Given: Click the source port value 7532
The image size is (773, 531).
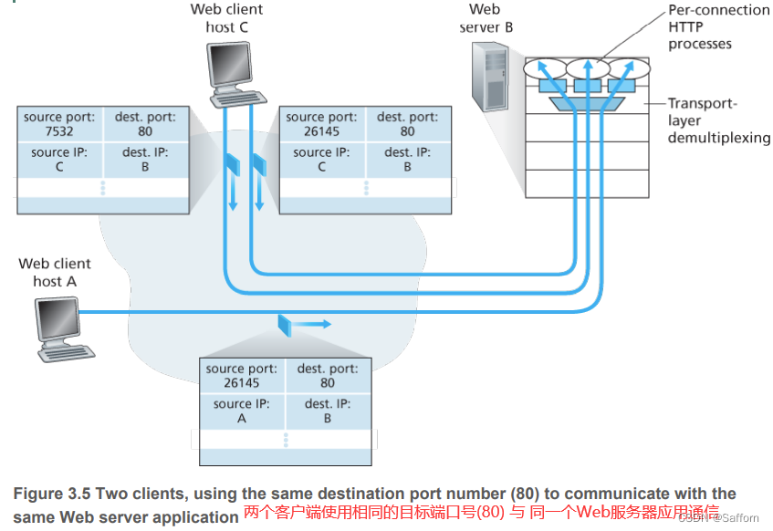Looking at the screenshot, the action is click(x=59, y=131).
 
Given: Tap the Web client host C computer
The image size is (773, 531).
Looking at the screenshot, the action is click(x=236, y=75).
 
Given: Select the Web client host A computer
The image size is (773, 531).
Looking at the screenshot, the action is click(x=64, y=329).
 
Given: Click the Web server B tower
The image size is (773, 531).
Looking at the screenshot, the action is click(x=490, y=77).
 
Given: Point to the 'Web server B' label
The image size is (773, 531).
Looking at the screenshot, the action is click(x=486, y=18).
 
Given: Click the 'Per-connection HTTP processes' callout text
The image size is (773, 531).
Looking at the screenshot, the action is click(x=718, y=26).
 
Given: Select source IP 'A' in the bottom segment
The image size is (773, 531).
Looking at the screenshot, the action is click(x=242, y=419).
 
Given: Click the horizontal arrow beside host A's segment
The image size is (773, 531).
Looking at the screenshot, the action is click(x=311, y=324).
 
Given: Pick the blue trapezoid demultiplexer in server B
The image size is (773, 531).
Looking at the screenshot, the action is click(x=587, y=103).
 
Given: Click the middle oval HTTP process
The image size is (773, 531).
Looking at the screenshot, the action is click(x=588, y=69).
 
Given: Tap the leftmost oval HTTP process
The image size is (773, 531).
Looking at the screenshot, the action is click(x=545, y=69).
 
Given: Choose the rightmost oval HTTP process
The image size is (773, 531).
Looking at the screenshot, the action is click(x=630, y=69).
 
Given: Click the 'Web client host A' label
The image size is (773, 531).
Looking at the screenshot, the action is click(x=55, y=272).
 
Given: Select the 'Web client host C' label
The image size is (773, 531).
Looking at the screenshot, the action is click(x=226, y=18).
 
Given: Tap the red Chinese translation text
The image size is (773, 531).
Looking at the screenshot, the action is click(x=481, y=512).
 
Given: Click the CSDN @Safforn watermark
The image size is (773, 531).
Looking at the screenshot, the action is click(x=719, y=517).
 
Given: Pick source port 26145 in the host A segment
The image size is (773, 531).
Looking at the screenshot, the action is click(x=242, y=383).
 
